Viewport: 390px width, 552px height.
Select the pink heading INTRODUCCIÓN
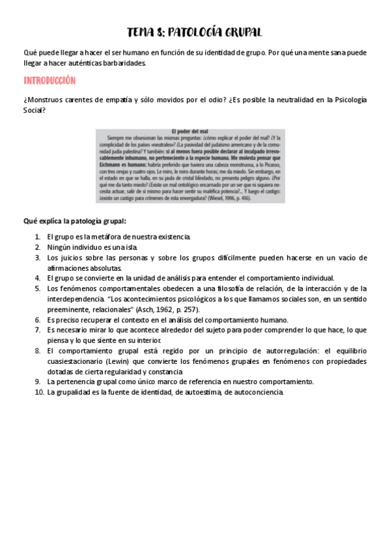[49, 81]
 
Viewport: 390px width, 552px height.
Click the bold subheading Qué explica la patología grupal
[74, 221]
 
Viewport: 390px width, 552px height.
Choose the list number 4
[38, 278]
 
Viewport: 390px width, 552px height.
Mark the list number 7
[38, 330]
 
